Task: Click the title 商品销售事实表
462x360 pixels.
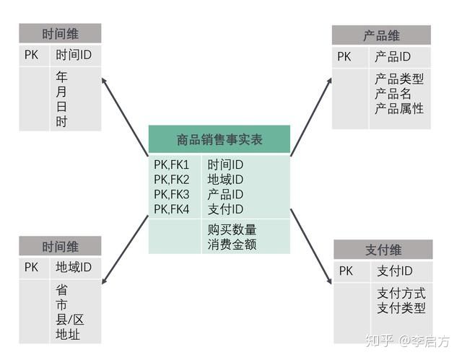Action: pos(219,139)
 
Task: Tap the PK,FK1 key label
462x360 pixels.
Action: pos(171,165)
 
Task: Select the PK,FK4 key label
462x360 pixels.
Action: pos(171,209)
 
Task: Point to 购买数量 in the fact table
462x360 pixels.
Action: pos(232,229)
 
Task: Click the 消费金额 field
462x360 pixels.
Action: pos(232,245)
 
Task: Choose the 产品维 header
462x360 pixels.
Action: pos(381,35)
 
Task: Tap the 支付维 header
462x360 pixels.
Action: pos(383,250)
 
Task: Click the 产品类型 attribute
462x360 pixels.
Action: pos(399,79)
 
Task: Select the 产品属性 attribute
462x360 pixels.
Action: pos(399,108)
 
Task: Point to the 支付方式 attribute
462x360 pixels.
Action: pos(401,293)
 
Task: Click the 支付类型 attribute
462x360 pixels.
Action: pos(401,308)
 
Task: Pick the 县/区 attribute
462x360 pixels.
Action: pos(70,320)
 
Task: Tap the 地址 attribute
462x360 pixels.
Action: pos(68,335)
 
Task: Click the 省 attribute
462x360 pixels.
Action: pos(62,290)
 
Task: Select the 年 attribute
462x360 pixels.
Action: pos(62,76)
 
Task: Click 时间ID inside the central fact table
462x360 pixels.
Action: pos(225,165)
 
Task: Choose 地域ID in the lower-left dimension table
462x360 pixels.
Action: pos(74,267)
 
